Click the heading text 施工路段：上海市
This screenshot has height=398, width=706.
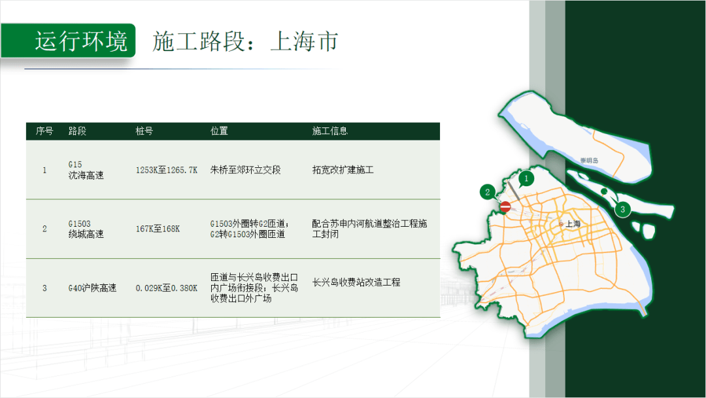pos(245,41)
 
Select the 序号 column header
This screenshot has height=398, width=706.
pos(44,131)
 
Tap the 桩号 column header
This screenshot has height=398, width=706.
pos(144,131)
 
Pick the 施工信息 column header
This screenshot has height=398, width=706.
pos(330,131)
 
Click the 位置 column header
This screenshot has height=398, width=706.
pos(219,131)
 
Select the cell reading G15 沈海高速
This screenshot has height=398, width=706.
pos(86,170)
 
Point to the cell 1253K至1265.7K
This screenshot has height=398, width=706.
pos(166,170)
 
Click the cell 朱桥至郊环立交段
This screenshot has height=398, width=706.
pos(245,170)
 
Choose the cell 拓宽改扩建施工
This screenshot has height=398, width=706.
pos(343,170)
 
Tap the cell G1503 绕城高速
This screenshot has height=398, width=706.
pos(86,229)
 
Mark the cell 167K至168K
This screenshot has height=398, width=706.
pos(158,229)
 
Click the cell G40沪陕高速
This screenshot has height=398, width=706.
pos(92,288)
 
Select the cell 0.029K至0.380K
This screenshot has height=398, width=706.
pos(166,288)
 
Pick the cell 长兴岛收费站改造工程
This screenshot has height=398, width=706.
pos(356,283)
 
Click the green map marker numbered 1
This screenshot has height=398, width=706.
pos(527,177)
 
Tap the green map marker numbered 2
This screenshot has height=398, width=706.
pos(487,191)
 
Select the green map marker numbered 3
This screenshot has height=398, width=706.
pos(622,209)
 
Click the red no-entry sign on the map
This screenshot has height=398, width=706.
pos(505,207)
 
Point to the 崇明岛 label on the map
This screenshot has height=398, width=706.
pos(589,160)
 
